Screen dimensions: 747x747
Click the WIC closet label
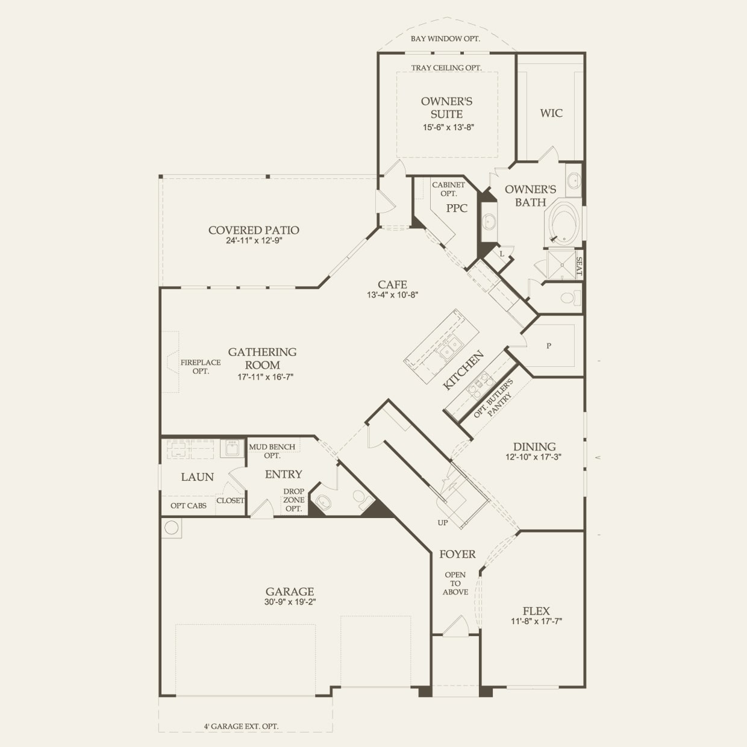(x=551, y=113)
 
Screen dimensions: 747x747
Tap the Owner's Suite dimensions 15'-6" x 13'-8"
(x=449, y=127)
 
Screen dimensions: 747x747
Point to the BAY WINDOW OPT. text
(x=445, y=39)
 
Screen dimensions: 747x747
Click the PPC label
(x=457, y=208)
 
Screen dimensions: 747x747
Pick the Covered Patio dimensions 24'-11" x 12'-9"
(x=254, y=240)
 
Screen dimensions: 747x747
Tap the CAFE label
(x=392, y=284)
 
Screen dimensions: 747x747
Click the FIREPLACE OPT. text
(x=201, y=367)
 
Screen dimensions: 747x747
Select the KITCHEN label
(x=463, y=370)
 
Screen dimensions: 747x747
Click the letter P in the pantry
(x=549, y=346)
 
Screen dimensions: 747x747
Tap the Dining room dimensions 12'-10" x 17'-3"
(x=533, y=457)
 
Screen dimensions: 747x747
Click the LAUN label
(x=198, y=477)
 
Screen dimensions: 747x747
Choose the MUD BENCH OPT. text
(x=272, y=451)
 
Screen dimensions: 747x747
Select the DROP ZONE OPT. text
(x=293, y=499)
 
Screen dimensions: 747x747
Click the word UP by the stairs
(x=443, y=522)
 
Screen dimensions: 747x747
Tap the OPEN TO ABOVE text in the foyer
(x=455, y=583)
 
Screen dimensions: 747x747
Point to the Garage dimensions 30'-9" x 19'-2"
(x=290, y=602)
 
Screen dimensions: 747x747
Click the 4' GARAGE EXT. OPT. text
(x=241, y=727)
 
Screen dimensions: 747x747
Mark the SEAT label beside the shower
(x=579, y=266)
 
